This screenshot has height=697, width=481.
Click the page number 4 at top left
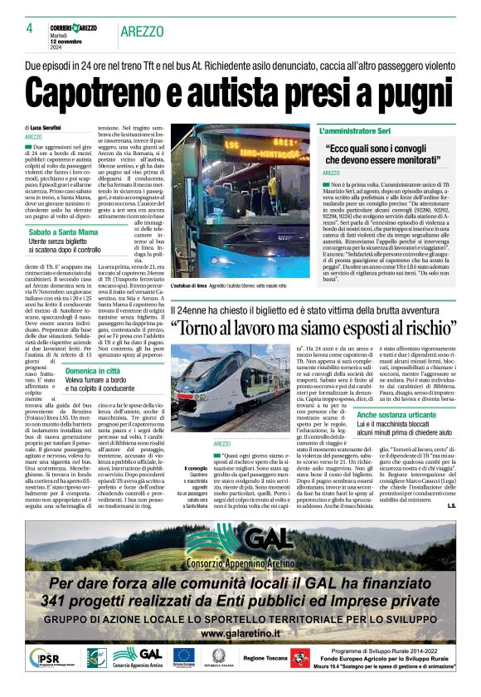pos(29,28)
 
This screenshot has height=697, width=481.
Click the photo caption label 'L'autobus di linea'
pos(215,285)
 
